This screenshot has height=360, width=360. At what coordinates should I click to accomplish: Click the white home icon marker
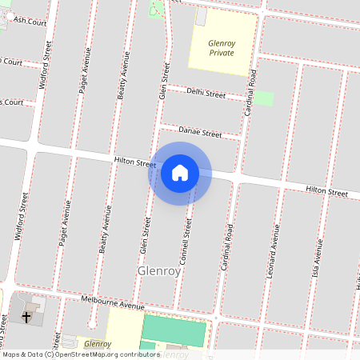(x=180, y=173)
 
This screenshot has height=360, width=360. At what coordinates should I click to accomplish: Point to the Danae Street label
(x=200, y=132)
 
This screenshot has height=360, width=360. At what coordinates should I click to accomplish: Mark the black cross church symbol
(x=26, y=318)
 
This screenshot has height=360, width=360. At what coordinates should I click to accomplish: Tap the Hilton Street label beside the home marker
(x=134, y=162)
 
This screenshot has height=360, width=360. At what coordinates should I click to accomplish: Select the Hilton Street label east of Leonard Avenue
(x=326, y=193)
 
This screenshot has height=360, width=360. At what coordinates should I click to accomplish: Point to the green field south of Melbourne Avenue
(x=174, y=330)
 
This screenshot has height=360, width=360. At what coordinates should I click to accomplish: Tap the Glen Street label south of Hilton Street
(x=146, y=238)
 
